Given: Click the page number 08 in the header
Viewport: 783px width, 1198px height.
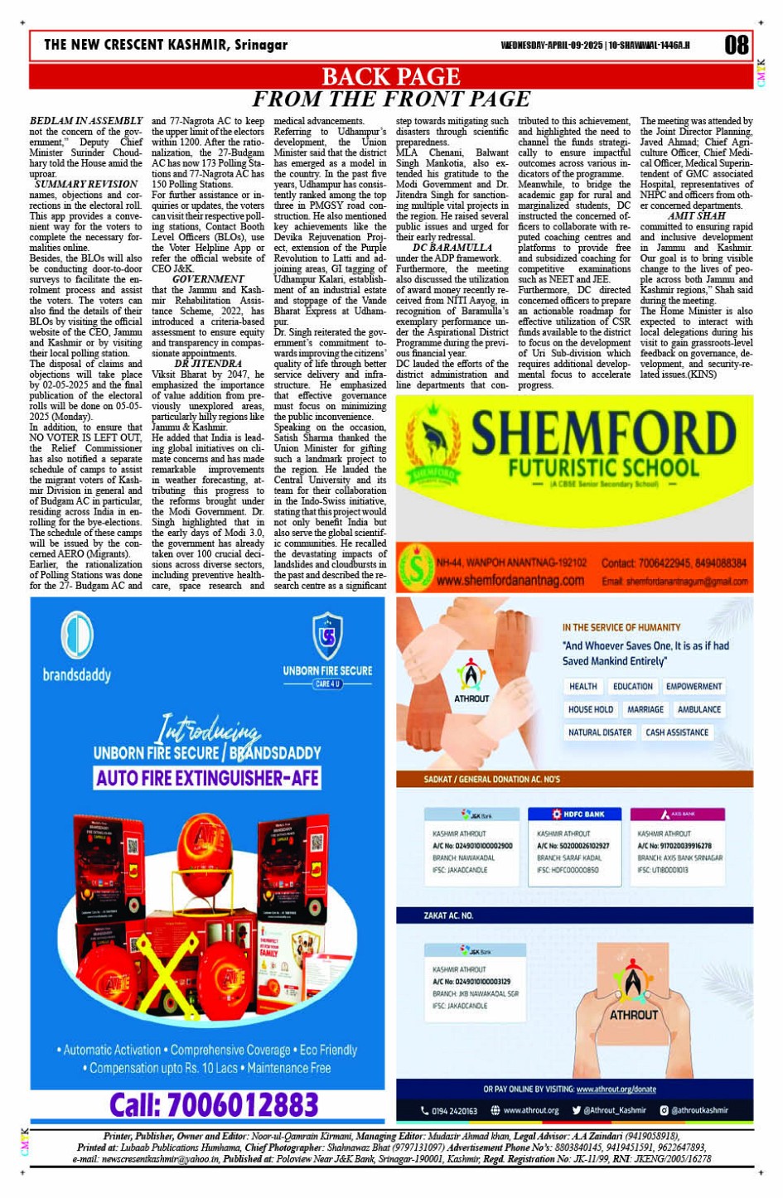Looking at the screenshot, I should (x=736, y=45).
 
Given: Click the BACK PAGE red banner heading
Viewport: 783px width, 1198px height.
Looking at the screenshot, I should (x=390, y=77).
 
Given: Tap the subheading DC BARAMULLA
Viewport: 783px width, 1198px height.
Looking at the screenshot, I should (x=452, y=247).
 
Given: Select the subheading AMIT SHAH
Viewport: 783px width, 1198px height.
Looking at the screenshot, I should (x=696, y=215).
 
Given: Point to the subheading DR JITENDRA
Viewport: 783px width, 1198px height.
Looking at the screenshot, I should (x=208, y=363).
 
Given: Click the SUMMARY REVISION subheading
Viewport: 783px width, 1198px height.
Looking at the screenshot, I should (x=86, y=184).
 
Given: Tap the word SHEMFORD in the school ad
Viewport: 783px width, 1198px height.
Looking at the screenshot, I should (x=602, y=433).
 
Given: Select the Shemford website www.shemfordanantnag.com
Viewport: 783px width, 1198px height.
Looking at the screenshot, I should (x=510, y=580).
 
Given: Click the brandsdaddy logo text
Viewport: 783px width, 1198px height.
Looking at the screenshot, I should (x=77, y=674).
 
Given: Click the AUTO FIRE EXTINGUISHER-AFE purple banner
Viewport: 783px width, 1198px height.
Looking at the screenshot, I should (x=207, y=778).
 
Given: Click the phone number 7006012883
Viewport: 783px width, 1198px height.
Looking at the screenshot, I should (x=214, y=1104).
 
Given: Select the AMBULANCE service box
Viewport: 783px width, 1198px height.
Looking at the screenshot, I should (x=698, y=709).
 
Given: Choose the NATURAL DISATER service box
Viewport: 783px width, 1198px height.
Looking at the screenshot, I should (x=599, y=732).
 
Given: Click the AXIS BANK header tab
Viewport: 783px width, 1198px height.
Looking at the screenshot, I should (x=677, y=814).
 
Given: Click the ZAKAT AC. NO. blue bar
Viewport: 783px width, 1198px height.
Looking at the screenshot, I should (x=574, y=915).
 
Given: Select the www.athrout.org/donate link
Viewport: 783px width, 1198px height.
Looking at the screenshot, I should (x=616, y=1089).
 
